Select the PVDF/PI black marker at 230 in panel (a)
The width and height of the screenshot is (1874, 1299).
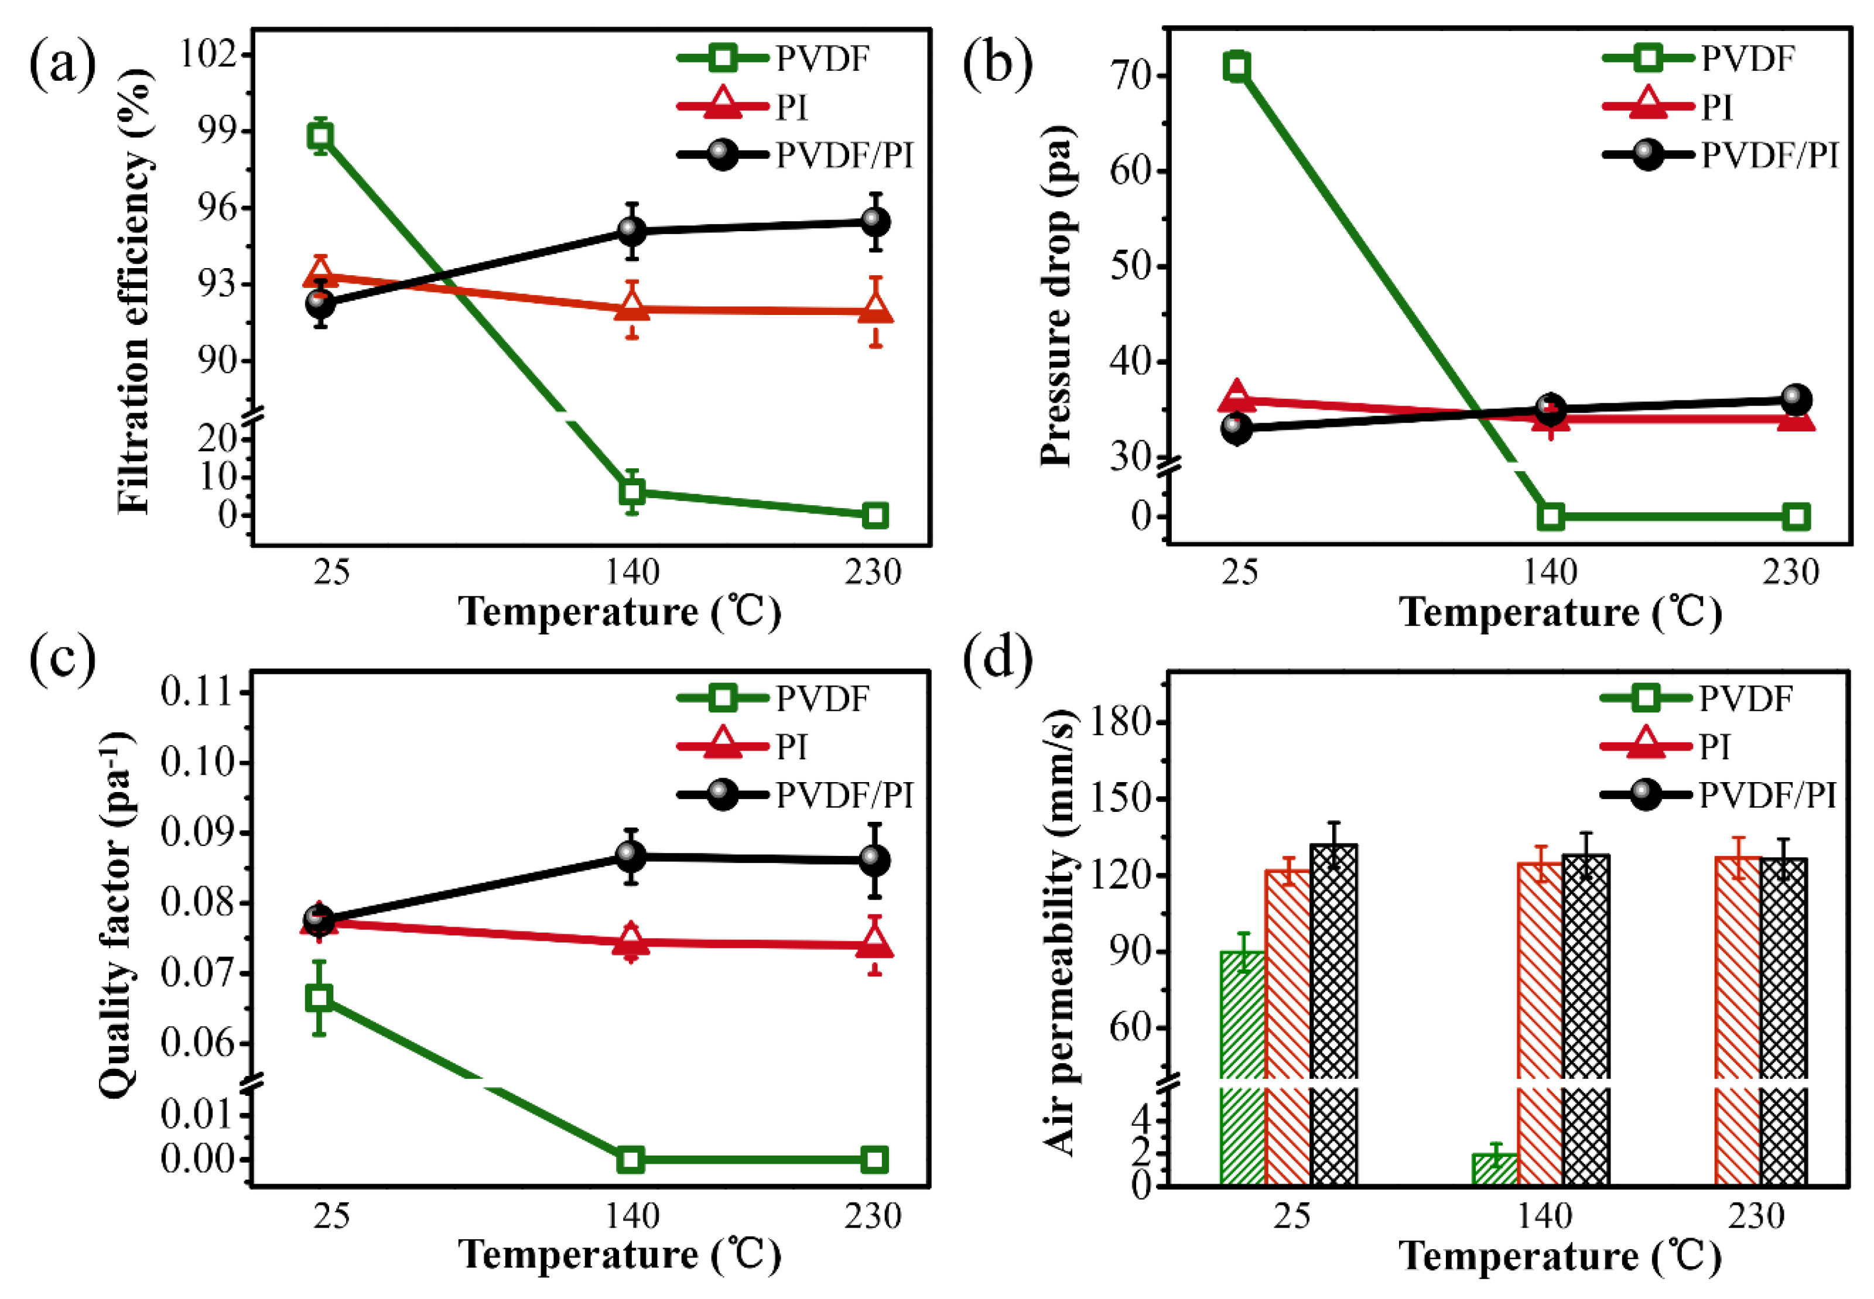click(x=875, y=221)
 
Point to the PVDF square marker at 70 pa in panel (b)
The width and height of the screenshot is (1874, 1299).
click(x=1236, y=67)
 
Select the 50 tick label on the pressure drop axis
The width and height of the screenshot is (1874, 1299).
click(x=1131, y=266)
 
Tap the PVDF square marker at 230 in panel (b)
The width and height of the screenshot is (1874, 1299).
click(x=1796, y=516)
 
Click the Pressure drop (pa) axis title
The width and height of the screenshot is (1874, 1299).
click(x=1058, y=297)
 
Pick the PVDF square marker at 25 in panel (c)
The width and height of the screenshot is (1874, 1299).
click(x=319, y=998)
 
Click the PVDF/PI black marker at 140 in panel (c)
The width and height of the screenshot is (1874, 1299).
click(x=631, y=855)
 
